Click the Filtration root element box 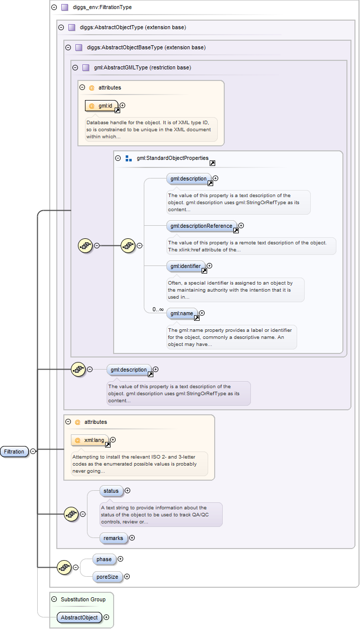click(x=14, y=452)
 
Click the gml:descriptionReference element click(x=201, y=226)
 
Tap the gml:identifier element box click(x=185, y=266)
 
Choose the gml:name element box click(x=182, y=313)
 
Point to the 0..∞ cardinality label click(x=158, y=309)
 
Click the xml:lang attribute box click(x=91, y=440)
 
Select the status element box click(x=111, y=491)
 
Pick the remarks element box click(x=113, y=538)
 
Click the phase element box click(x=104, y=559)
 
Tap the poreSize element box click(x=108, y=577)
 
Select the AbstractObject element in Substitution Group click(x=79, y=617)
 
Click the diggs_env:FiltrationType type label click(x=102, y=8)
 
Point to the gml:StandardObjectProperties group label click(x=172, y=158)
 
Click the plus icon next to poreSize click(x=127, y=577)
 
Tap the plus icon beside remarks click(x=132, y=538)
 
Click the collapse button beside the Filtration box click(x=33, y=452)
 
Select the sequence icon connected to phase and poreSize click(x=63, y=567)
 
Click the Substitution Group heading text click(x=83, y=599)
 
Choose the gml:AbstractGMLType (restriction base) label click(x=142, y=67)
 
